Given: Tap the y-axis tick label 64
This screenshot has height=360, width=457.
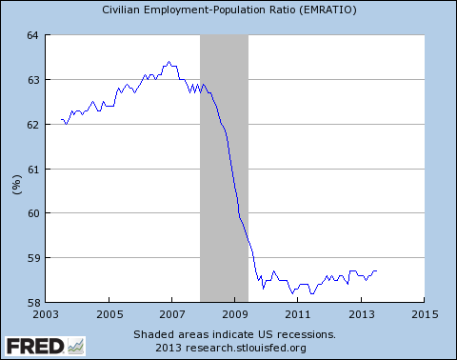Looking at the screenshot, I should pyautogui.click(x=31, y=35).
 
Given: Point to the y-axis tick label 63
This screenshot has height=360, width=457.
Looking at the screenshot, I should pyautogui.click(x=31, y=80).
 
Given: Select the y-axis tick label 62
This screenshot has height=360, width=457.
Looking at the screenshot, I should pyautogui.click(x=31, y=125).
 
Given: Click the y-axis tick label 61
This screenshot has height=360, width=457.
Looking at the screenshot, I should pyautogui.click(x=31, y=170).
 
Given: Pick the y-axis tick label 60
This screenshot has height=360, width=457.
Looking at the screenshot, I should pyautogui.click(x=31, y=213).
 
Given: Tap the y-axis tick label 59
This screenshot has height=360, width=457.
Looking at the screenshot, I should pyautogui.click(x=31, y=258).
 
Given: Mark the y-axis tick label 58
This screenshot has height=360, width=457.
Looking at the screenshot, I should pyautogui.click(x=31, y=303).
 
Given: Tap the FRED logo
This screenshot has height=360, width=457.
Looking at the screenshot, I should pyautogui.click(x=43, y=345).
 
